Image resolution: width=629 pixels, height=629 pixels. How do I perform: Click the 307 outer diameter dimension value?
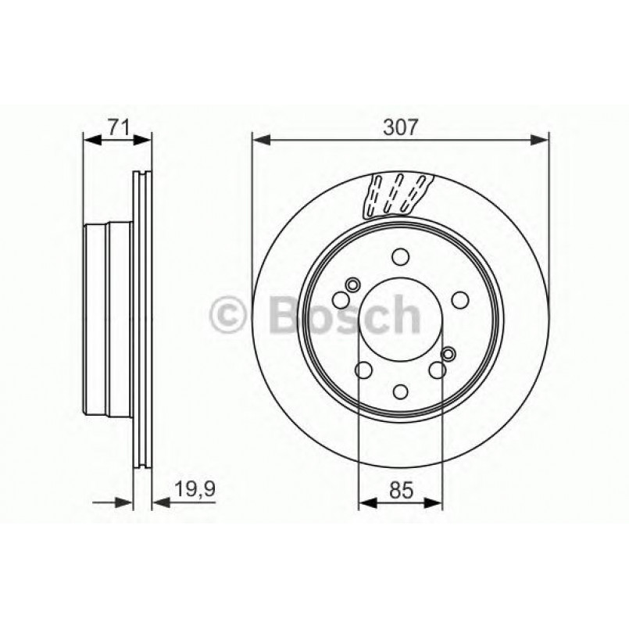tap(400, 125)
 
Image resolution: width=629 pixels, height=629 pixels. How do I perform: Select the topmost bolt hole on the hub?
tap(401, 256)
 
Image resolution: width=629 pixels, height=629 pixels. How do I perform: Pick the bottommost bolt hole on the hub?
tap(401, 392)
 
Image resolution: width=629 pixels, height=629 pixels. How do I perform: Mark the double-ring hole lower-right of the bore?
tap(449, 356)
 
